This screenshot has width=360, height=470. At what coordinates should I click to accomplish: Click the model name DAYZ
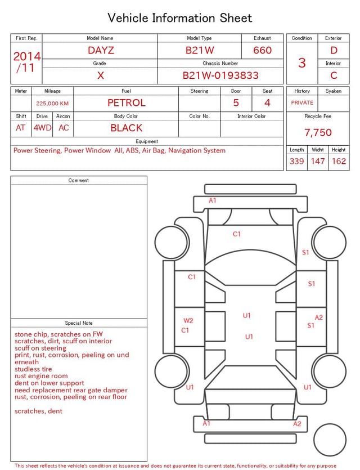pos(101,50)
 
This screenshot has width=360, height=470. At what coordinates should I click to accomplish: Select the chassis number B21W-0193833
pos(220,75)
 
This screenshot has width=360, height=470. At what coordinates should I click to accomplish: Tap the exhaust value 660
pos(262,50)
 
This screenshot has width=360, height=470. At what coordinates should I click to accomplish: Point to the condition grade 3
pos(302,62)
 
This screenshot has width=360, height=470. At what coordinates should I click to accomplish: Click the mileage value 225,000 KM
pos(52,104)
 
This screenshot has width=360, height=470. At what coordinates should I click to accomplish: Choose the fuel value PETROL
pos(127,103)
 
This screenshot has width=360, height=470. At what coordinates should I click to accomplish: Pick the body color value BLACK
pos(127,128)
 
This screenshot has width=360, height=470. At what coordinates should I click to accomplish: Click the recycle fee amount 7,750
pos(318,132)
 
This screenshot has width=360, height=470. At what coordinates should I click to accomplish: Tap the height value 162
pos(339,161)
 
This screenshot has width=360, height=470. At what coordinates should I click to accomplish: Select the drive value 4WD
pos(42,128)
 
